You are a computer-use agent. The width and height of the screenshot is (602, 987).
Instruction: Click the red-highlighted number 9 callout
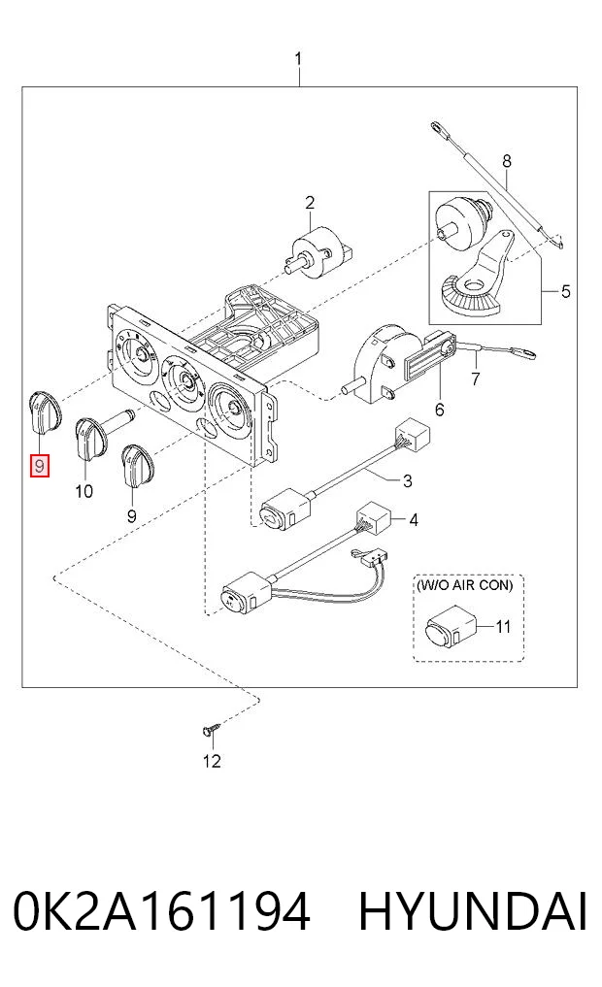pos(41,467)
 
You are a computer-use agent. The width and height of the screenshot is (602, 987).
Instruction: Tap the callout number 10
pos(84,491)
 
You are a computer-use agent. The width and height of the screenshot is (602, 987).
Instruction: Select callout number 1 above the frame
pos(298,60)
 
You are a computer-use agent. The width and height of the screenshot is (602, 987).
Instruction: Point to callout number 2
pos(309,203)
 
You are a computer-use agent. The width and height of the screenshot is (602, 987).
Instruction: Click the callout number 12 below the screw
pos(212,761)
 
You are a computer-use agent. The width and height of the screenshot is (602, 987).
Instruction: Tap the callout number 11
pos(503,626)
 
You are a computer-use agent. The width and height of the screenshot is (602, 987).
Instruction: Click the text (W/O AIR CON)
pos(465,585)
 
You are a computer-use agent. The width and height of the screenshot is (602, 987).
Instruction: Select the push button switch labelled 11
pos(449,626)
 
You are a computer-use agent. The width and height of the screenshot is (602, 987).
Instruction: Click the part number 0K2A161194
pos(162,910)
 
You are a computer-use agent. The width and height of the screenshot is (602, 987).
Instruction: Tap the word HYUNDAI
pos(473,910)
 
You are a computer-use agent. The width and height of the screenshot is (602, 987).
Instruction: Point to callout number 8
pos(507,161)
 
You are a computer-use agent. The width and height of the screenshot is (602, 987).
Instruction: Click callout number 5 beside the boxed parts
pos(565,291)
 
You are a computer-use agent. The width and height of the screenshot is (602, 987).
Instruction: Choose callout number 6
pos(440,410)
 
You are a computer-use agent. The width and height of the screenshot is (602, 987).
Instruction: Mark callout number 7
pos(476,378)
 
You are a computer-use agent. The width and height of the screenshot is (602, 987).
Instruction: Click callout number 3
pos(408,481)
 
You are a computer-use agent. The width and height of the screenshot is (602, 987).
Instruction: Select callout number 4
pos(413,520)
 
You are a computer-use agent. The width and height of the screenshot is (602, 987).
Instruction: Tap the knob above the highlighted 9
pos(46,412)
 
